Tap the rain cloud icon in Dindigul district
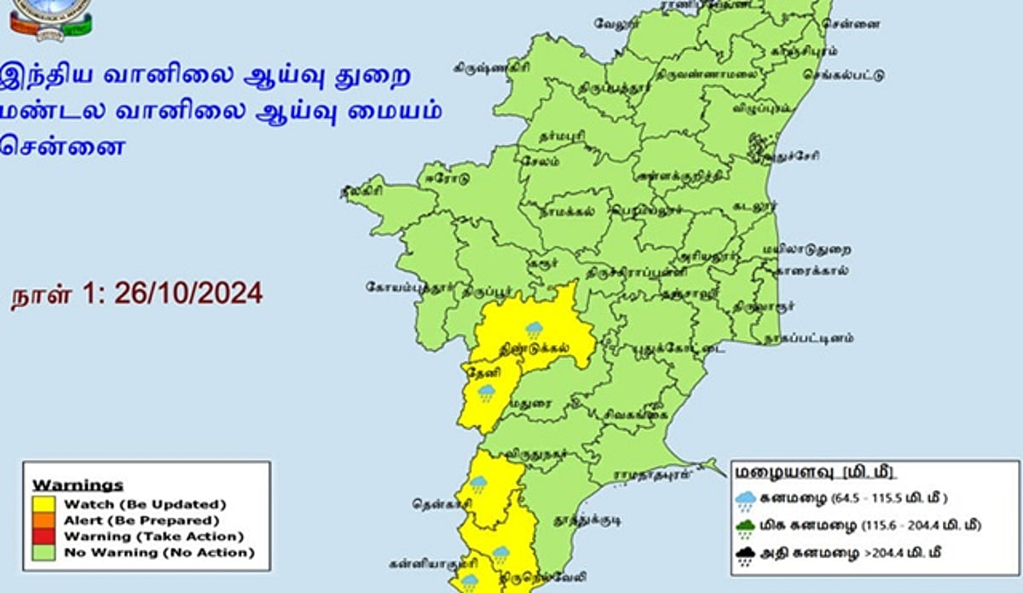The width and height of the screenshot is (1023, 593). pyautogui.click(x=534, y=329)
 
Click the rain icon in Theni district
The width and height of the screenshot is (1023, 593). pyautogui.click(x=486, y=392)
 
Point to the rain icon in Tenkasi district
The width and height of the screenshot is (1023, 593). pyautogui.click(x=477, y=485)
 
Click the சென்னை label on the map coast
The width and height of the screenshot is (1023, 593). pyautogui.click(x=857, y=24)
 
